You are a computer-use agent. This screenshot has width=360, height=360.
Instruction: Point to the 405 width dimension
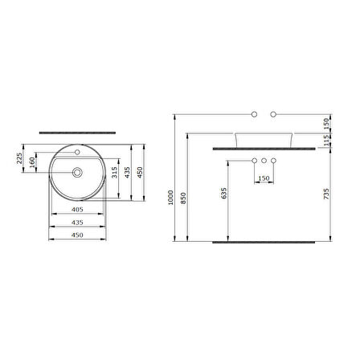pyautogui.click(x=78, y=209)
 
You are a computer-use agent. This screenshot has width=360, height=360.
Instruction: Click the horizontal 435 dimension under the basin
pyautogui.click(x=78, y=221)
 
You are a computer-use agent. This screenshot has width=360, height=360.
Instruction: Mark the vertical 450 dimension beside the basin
pyautogui.click(x=142, y=174)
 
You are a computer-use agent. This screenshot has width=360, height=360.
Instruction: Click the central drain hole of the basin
pyautogui.click(x=78, y=172)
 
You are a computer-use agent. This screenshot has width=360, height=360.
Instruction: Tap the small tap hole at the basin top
pyautogui.click(x=78, y=151)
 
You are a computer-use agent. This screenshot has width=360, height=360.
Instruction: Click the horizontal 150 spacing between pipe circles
pyautogui.click(x=263, y=179)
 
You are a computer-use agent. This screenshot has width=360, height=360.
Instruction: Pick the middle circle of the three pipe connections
pyautogui.click(x=263, y=162)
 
